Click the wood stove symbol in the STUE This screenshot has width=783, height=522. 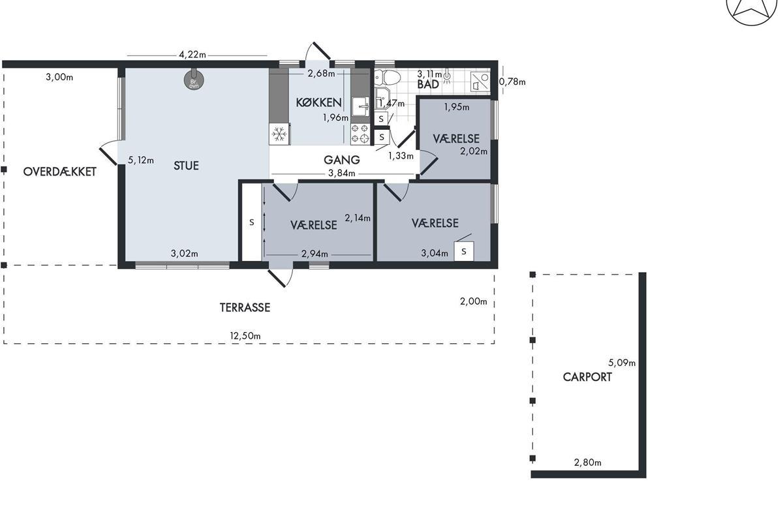(194, 80)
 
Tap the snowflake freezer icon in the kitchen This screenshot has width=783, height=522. (279, 134)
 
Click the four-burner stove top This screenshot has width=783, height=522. (360, 134)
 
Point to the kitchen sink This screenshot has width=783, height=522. (360, 106)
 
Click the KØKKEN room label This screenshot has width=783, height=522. (318, 102)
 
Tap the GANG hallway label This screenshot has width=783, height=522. (341, 160)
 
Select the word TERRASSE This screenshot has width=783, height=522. (245, 307)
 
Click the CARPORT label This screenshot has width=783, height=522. (587, 377)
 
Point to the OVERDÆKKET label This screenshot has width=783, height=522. (60, 172)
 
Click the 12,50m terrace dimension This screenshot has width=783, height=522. (245, 335)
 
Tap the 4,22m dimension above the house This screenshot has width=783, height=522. (192, 55)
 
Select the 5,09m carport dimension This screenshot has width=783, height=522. (622, 363)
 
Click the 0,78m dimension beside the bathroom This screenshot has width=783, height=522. (512, 82)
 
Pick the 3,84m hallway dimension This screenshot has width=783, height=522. (341, 173)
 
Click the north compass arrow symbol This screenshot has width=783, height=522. (752, 8)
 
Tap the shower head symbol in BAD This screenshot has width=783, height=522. (447, 77)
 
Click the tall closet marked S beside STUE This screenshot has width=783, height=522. (252, 222)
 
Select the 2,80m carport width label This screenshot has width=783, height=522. (588, 463)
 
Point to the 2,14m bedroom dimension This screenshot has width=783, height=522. (358, 218)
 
